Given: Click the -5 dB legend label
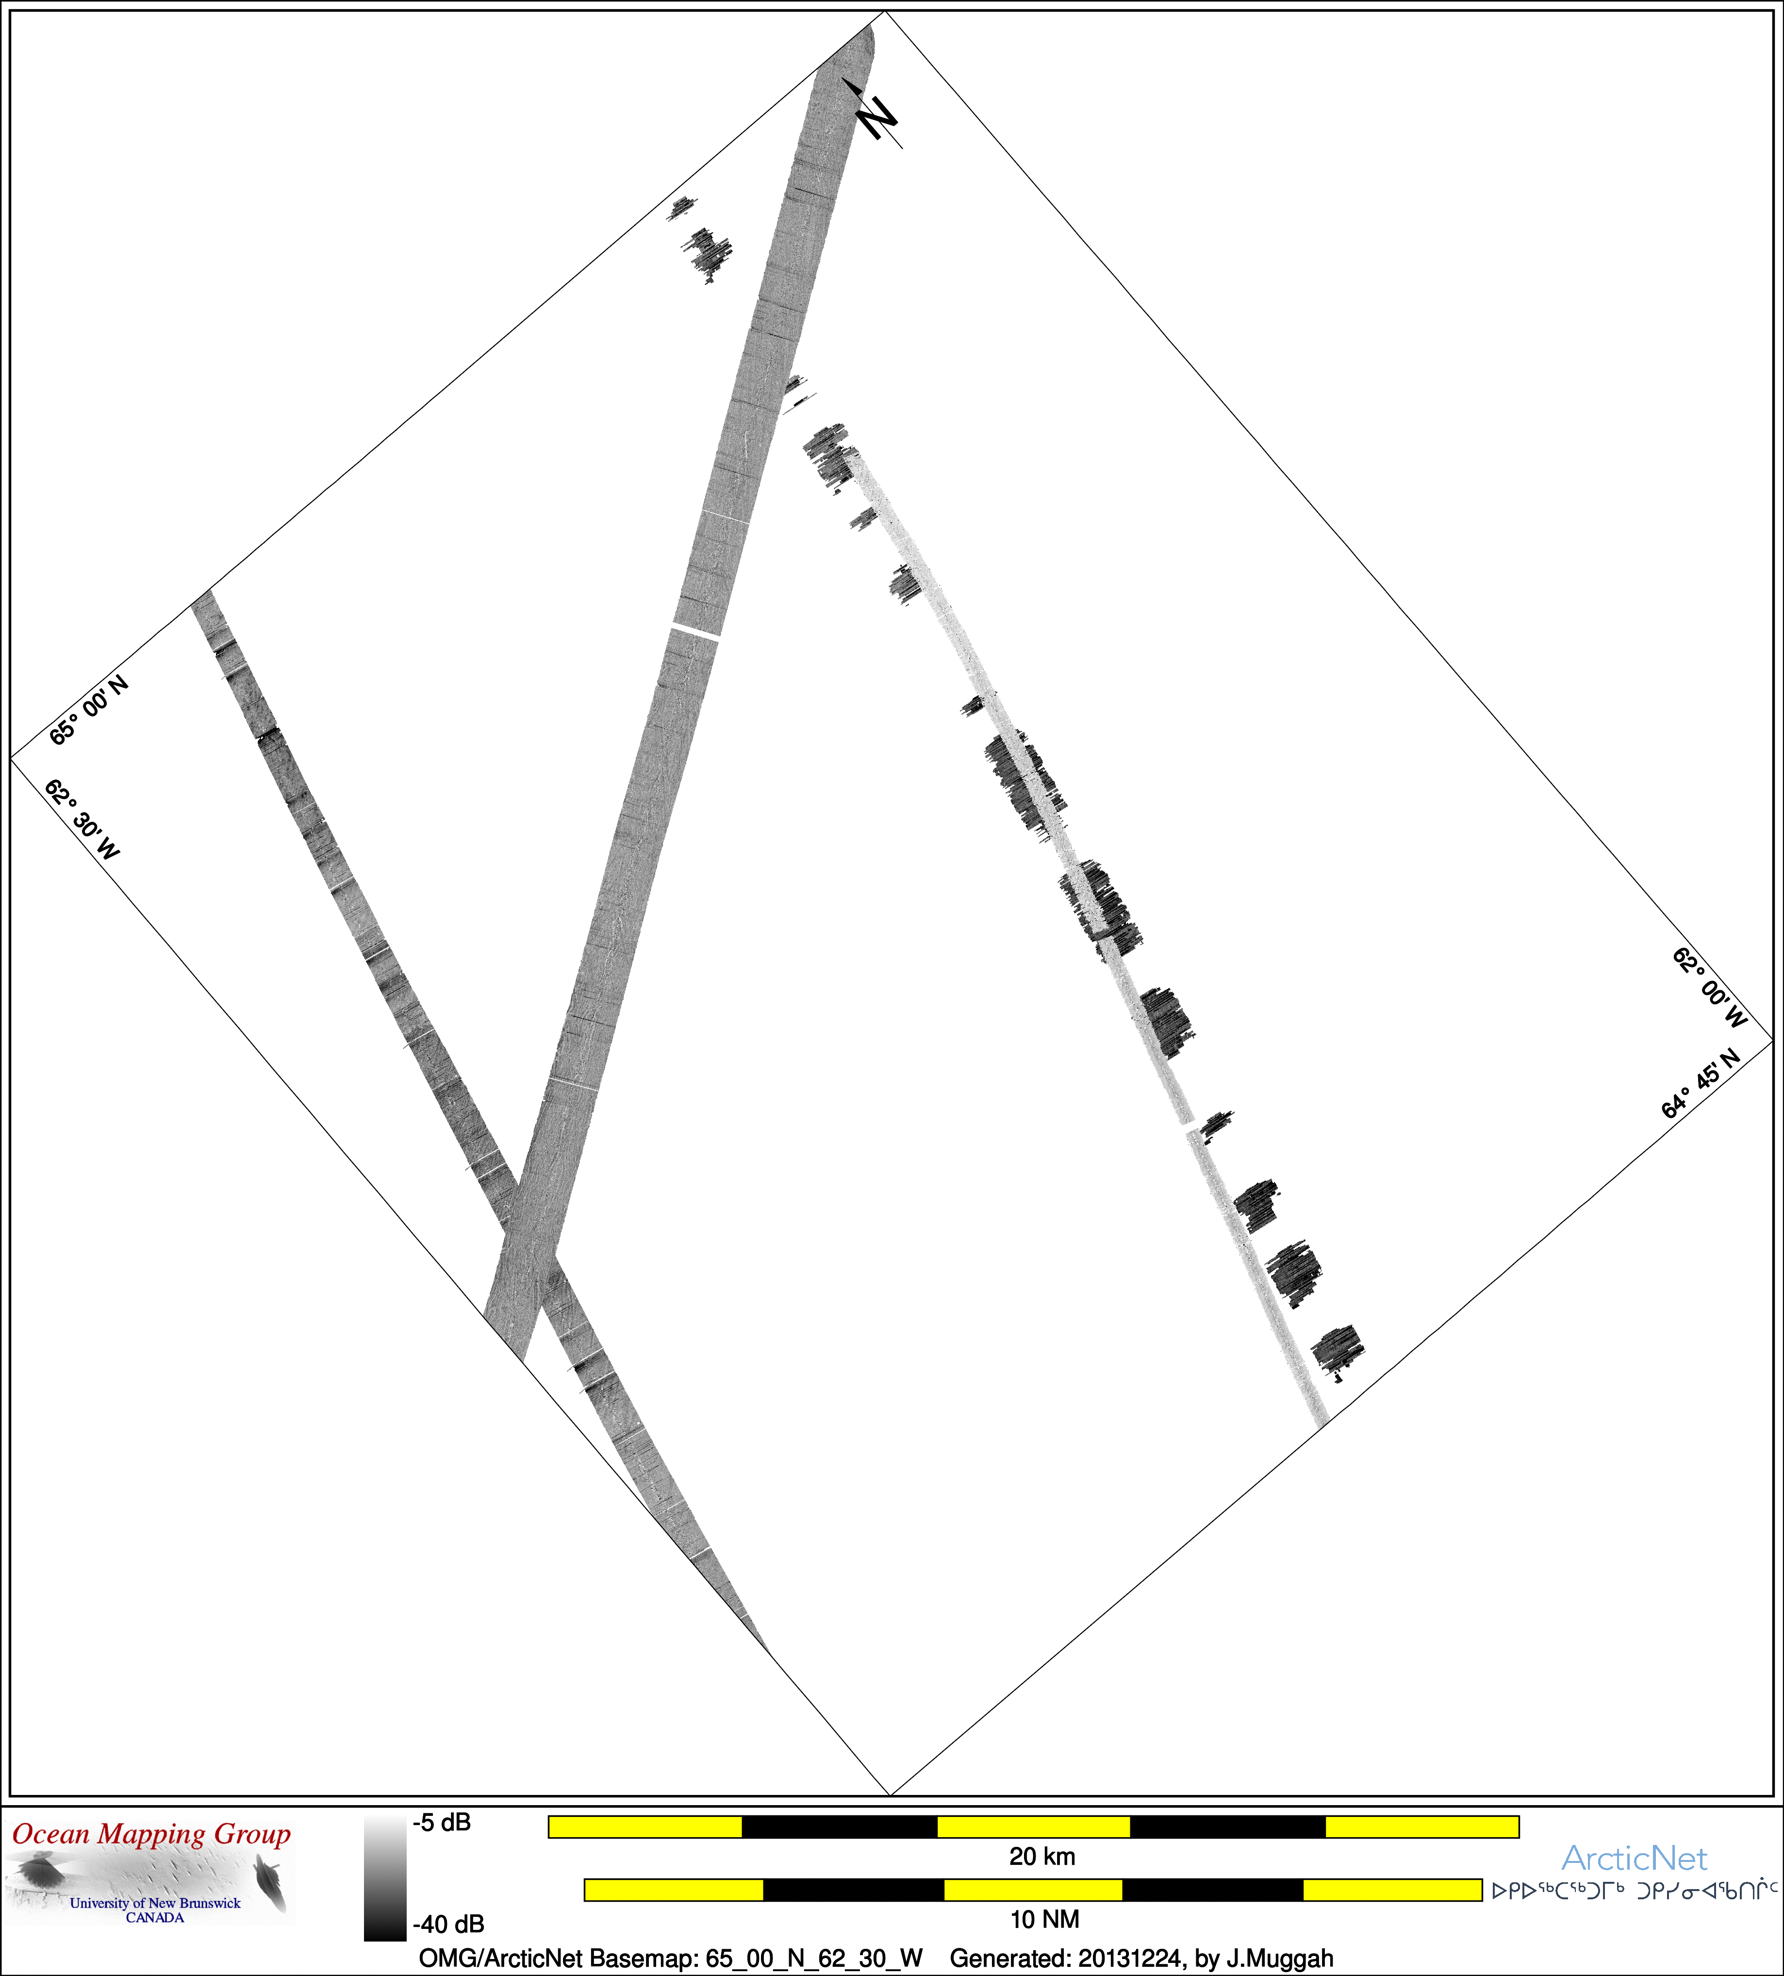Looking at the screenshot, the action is (442, 1822).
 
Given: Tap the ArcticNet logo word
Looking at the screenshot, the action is (1634, 1859).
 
